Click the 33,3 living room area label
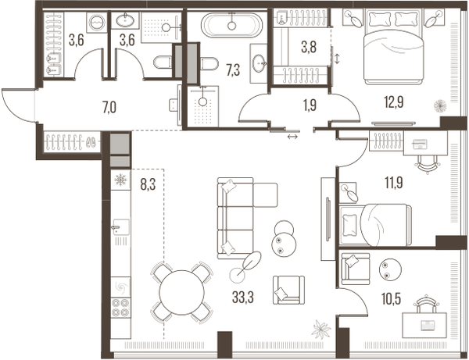point(242,298)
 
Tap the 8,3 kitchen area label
point(148,184)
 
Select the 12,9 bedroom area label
point(394,102)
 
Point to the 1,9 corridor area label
point(310,105)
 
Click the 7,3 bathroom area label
point(233,71)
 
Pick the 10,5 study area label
point(392,299)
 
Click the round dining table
point(181,293)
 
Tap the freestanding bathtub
point(232,25)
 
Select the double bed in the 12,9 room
point(394,47)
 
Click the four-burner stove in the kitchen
point(121,308)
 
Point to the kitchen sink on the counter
point(122,227)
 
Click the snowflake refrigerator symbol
point(121,180)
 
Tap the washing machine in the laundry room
point(97,23)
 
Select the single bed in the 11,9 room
point(375,225)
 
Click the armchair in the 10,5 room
point(356,269)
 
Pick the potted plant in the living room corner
point(321,330)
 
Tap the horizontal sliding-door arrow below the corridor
point(292,137)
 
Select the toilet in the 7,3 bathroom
point(210,63)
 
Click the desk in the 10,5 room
point(424,326)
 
